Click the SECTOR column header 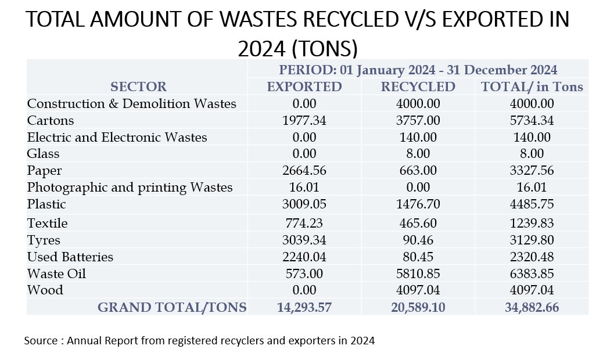coord(138,87)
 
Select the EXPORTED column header coord(304,87)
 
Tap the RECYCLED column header coord(418,87)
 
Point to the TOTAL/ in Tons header coord(532,87)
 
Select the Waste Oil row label coord(56,273)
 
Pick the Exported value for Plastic coord(304,204)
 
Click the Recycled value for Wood coord(418,290)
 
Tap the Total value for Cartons coord(532,121)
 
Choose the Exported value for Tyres coord(304,240)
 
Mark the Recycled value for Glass coord(418,154)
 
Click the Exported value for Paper coord(304,171)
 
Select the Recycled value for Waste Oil coord(418,273)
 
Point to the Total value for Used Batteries coord(532,257)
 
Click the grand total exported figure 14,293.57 coord(304,307)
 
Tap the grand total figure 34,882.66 coord(532,307)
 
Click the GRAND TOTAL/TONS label coord(172,307)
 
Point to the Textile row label coord(48,223)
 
